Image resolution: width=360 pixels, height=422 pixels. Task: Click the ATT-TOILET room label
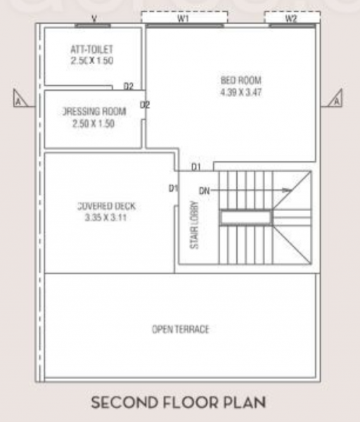[x=91, y=49]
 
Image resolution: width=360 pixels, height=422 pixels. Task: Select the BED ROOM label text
[x=240, y=80]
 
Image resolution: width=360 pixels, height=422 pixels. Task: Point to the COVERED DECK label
[x=106, y=206]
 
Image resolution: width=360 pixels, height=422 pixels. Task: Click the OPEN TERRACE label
[x=181, y=329]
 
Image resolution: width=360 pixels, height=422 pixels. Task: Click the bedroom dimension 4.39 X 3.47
[x=240, y=92]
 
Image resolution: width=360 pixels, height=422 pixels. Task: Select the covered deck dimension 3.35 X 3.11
[x=106, y=217]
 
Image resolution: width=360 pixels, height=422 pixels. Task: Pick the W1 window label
[x=184, y=19]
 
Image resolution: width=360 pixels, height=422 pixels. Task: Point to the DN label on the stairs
[x=205, y=190]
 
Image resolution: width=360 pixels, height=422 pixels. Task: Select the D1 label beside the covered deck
[x=172, y=188]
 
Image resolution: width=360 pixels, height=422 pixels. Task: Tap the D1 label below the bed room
[x=197, y=167]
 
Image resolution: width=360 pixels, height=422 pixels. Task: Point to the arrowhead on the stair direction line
[x=287, y=190]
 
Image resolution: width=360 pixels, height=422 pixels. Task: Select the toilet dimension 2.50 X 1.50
[x=91, y=61]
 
